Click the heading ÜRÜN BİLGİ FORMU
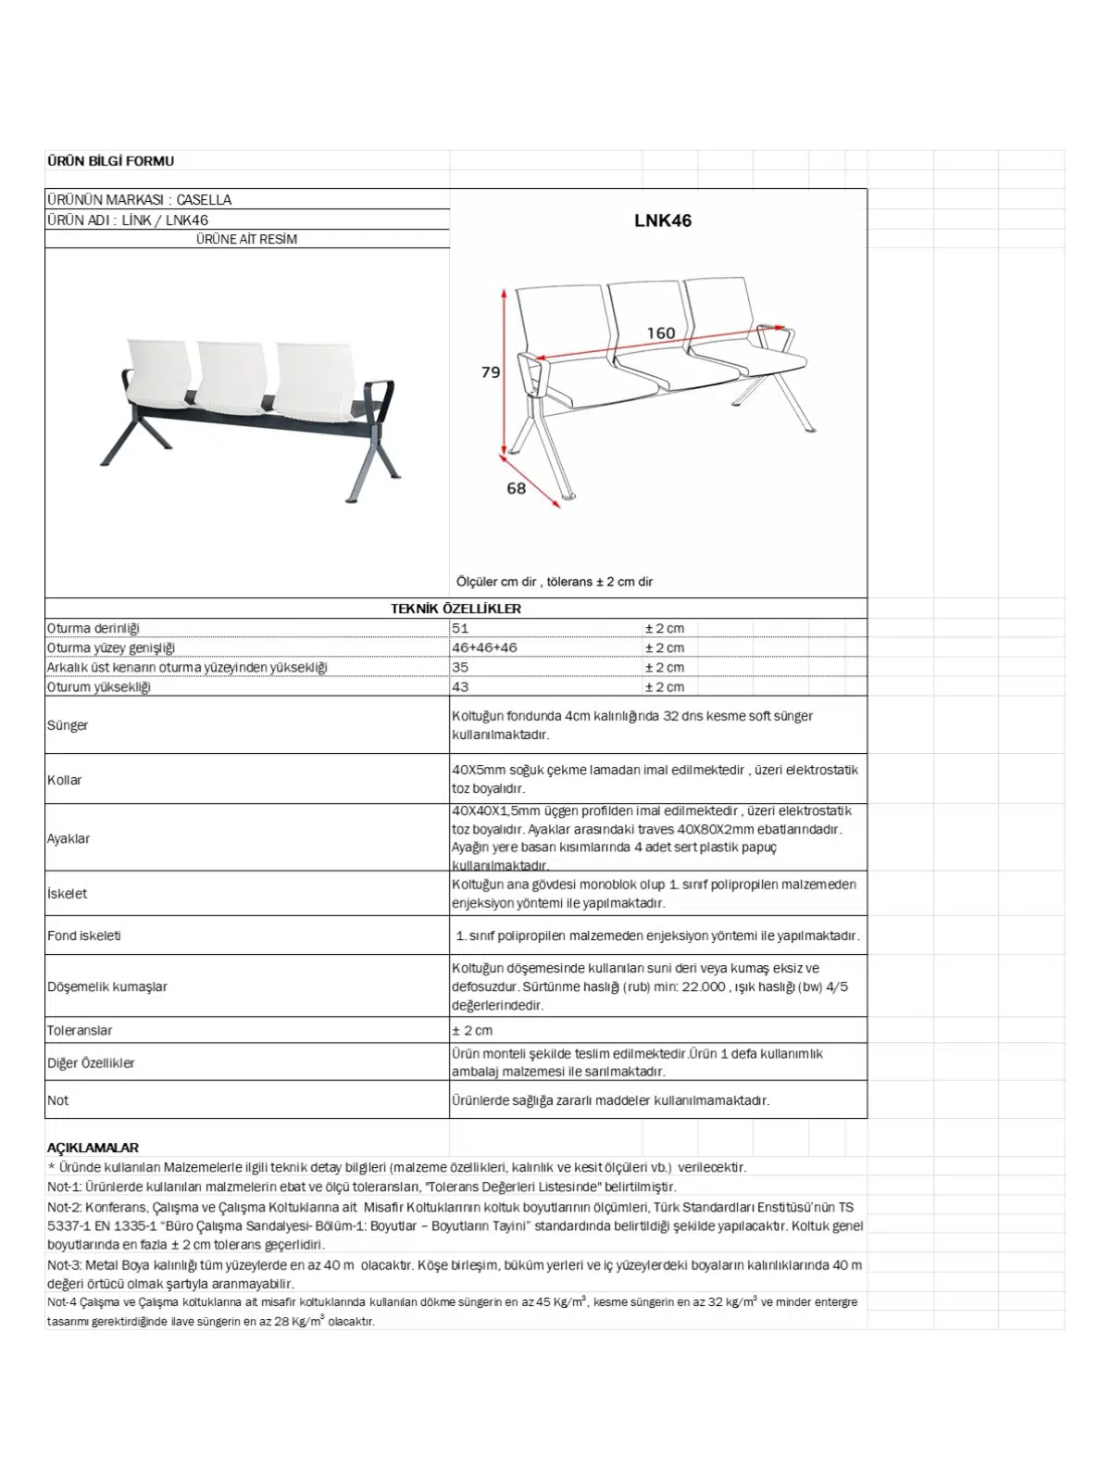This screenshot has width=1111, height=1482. (110, 161)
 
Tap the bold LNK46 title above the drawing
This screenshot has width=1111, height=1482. (662, 220)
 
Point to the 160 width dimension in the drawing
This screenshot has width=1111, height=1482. (660, 333)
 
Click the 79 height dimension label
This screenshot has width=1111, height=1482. (490, 372)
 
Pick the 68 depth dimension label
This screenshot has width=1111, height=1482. (516, 488)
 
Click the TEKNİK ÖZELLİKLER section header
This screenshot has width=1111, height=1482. (456, 609)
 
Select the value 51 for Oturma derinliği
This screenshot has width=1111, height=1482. (460, 629)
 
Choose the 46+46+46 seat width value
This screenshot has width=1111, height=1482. (484, 648)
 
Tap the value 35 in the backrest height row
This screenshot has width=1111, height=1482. (460, 668)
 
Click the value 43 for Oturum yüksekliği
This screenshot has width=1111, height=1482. (460, 687)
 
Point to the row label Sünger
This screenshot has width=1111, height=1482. (68, 725)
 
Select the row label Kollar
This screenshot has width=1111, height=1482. (65, 780)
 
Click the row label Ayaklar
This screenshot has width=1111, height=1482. (69, 838)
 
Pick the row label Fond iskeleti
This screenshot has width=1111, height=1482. (84, 936)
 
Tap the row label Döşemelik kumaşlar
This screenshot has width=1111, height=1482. (107, 986)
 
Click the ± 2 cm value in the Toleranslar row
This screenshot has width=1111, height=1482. (472, 1030)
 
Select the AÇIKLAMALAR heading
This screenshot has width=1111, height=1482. (93, 1148)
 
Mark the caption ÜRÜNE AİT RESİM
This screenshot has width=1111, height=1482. (246, 239)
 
